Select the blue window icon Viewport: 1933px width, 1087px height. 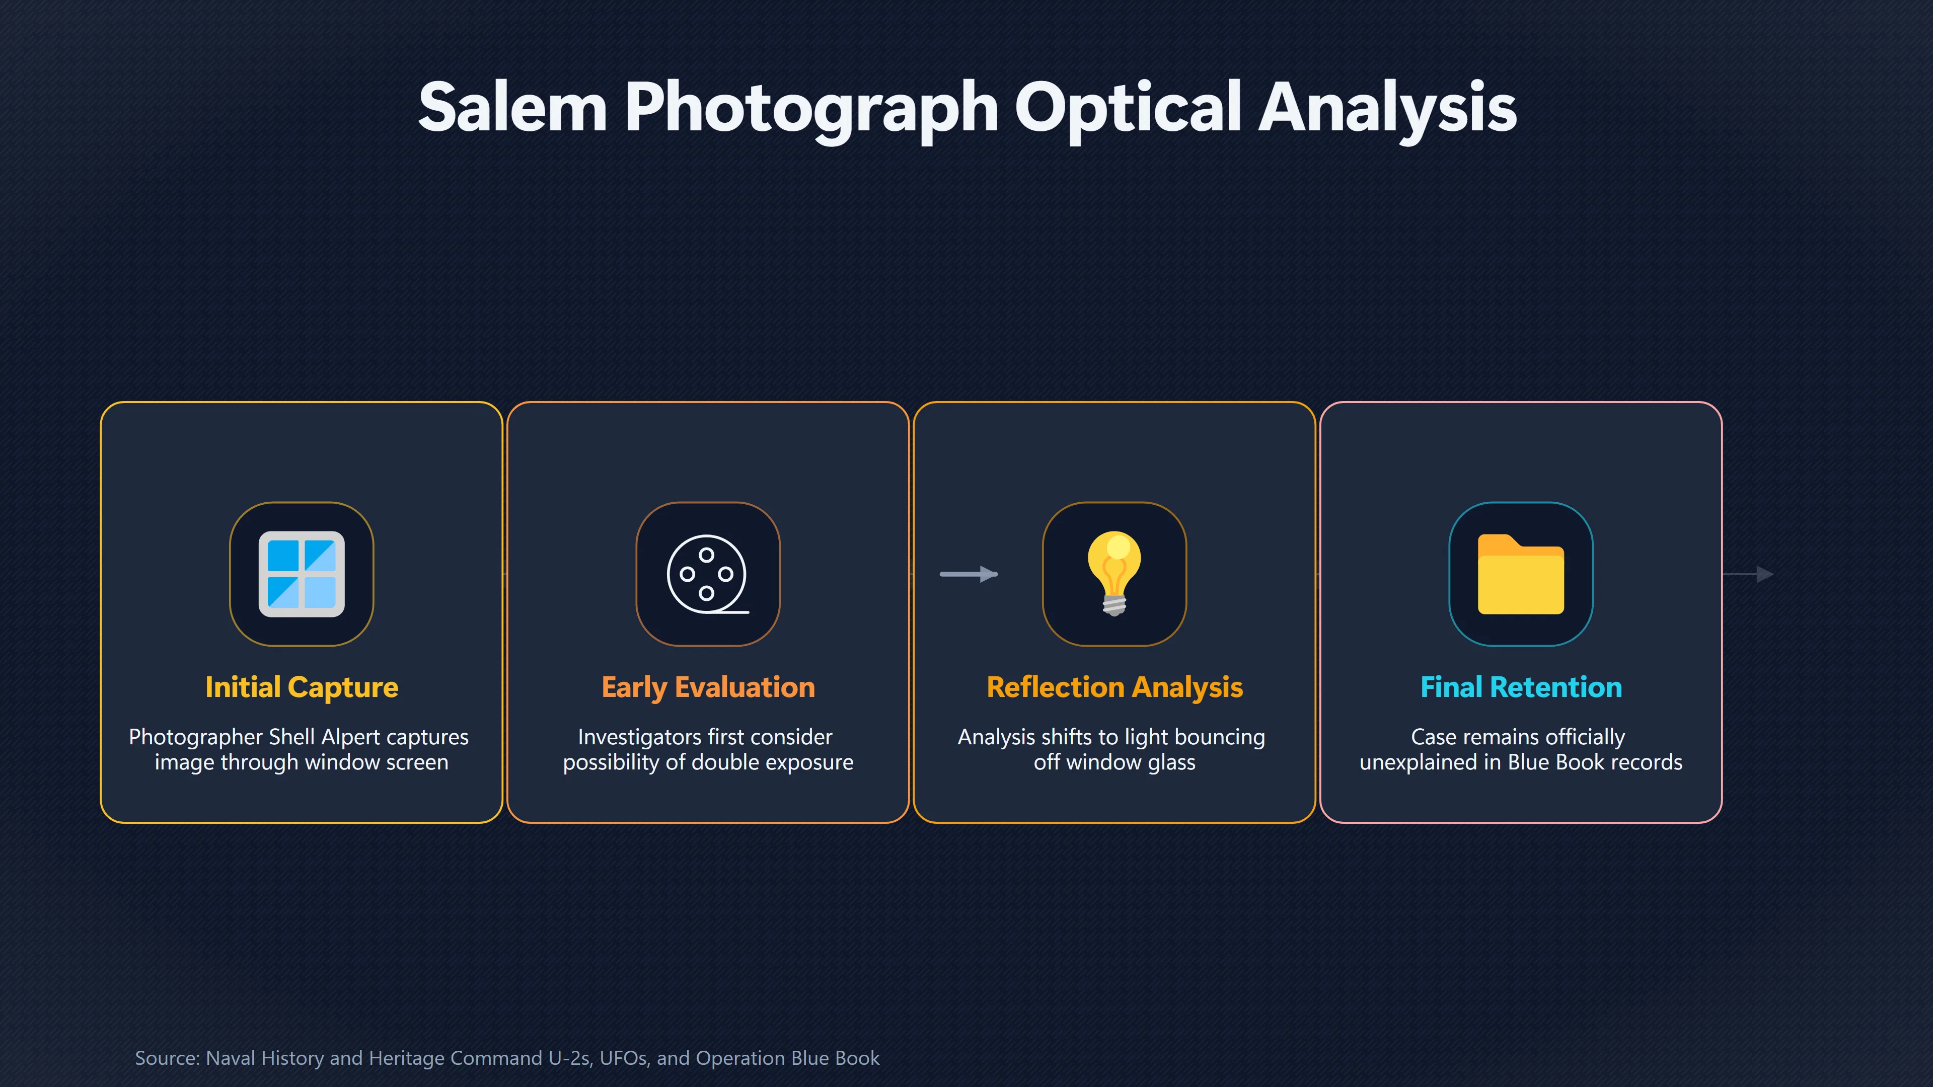point(302,574)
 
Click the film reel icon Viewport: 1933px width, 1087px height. point(708,574)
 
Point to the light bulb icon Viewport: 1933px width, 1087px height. point(1114,574)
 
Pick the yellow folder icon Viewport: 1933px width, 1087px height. point(1521,574)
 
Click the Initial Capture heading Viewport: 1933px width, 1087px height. point(302,687)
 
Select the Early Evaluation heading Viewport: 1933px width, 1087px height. point(708,687)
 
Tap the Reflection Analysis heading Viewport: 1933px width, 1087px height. point(1114,687)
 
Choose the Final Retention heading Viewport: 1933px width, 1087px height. point(1521,687)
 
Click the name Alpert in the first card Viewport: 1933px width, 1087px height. point(350,737)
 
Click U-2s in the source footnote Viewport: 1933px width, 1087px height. point(571,1058)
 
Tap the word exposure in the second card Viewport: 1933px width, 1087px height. point(809,763)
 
